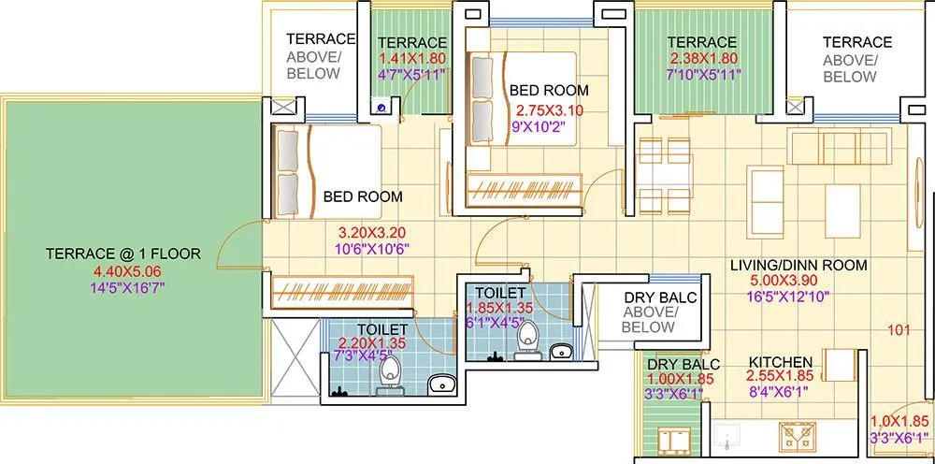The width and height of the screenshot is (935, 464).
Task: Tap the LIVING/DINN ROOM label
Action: point(798,265)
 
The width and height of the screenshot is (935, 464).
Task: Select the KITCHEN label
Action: point(780,362)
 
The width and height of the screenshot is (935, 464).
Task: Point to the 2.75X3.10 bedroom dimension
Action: point(549,109)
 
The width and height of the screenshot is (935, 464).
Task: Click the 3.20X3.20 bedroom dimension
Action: point(373,231)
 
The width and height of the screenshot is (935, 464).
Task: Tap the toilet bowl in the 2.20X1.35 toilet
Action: point(387,375)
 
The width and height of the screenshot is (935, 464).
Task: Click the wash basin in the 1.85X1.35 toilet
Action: point(561,351)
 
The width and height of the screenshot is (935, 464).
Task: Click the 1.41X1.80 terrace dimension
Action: point(411,58)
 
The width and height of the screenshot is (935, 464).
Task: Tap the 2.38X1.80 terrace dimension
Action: point(702,58)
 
